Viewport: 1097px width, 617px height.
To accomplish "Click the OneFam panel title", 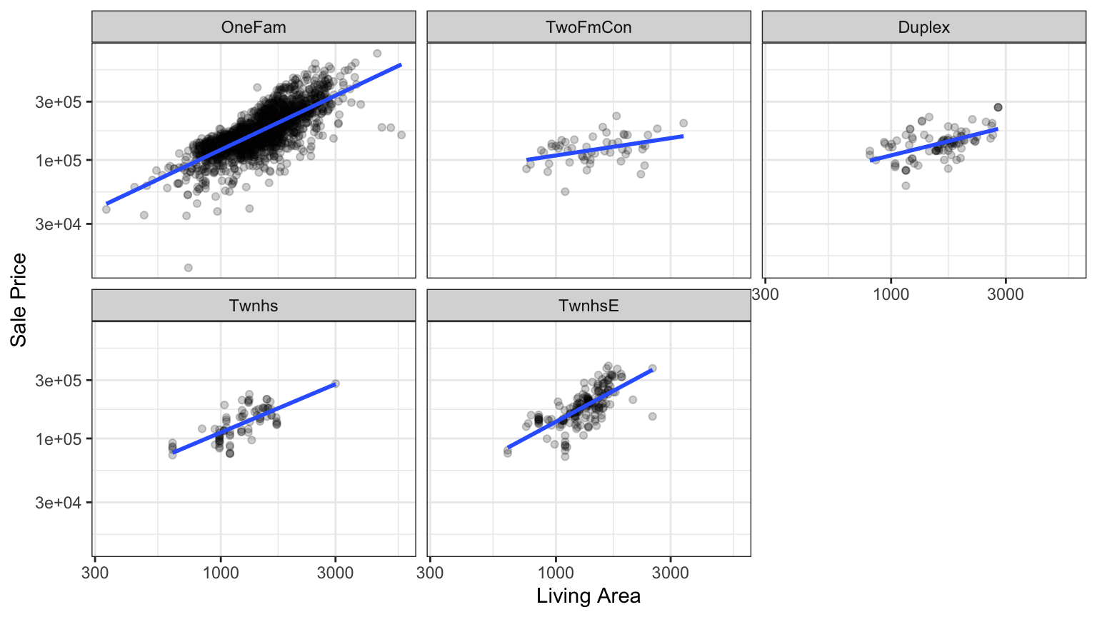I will (254, 28).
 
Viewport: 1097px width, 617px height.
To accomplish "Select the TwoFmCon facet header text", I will (588, 28).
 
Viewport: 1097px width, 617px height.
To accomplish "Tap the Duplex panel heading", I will (924, 28).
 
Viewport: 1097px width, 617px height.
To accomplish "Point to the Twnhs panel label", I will (254, 306).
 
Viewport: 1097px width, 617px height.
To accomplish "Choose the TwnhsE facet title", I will (588, 306).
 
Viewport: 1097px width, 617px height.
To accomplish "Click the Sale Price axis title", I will (19, 300).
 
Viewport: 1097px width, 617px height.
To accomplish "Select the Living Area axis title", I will (588, 596).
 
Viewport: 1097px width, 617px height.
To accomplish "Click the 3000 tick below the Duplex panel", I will (1006, 294).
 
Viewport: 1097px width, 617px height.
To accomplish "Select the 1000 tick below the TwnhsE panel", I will (556, 573).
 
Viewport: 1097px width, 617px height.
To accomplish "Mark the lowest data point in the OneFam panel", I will (189, 268).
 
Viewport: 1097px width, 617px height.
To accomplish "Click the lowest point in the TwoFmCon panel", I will (565, 191).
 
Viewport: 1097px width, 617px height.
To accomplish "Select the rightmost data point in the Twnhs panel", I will (336, 383).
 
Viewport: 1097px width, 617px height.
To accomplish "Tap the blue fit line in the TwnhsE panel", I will (579, 408).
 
